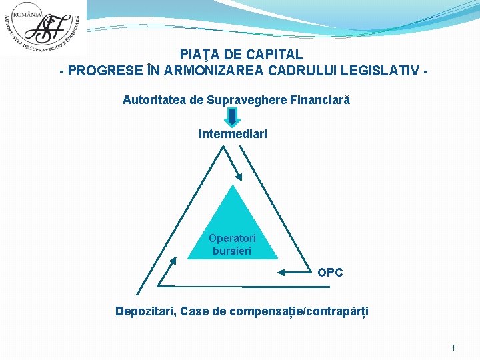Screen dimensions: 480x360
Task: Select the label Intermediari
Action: pos(233,134)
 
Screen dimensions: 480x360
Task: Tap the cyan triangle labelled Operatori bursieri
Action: pos(233,230)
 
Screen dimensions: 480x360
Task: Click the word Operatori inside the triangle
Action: pos(232,238)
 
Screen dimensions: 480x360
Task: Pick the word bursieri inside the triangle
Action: pos(232,251)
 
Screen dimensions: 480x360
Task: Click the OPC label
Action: pos(330,273)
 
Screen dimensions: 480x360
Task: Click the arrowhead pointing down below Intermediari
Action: pos(238,177)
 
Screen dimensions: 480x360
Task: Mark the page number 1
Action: pos(453,348)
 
